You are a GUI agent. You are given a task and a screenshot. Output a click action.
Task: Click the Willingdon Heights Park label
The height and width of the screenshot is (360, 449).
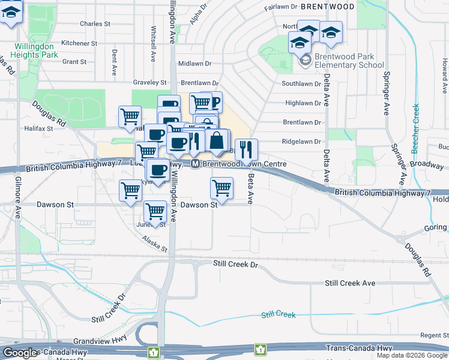pyautogui.click(x=35, y=50)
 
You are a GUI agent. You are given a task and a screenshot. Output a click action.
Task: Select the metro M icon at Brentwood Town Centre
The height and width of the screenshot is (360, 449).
pyautogui.click(x=196, y=164)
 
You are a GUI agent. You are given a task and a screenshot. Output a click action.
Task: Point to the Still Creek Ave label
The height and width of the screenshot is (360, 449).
pyautogui.click(x=350, y=283)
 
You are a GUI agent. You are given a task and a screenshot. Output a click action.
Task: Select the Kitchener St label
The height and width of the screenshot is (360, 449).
pyautogui.click(x=79, y=43)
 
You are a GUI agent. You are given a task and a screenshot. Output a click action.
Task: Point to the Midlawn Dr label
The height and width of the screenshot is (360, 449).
pyautogui.click(x=195, y=63)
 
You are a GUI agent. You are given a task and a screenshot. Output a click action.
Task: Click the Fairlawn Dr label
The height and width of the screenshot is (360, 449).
pyautogui.click(x=281, y=8)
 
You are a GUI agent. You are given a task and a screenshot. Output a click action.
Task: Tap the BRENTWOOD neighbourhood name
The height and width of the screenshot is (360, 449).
pyautogui.click(x=327, y=6)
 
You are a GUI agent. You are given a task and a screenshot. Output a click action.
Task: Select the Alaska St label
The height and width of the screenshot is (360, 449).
pyautogui.click(x=154, y=242)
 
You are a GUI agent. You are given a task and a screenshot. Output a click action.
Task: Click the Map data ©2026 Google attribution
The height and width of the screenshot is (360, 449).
pyautogui.click(x=412, y=355)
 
